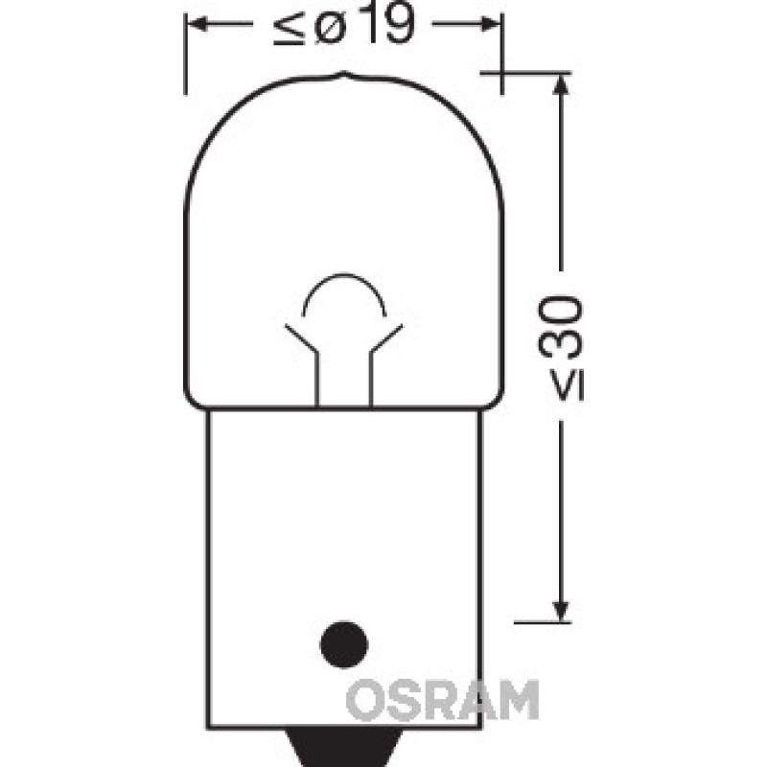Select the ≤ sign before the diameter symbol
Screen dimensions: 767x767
point(284,30)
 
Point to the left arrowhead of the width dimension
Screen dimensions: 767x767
point(196,27)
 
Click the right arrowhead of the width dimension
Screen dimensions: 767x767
point(491,27)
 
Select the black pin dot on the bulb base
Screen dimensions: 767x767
point(344,639)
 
